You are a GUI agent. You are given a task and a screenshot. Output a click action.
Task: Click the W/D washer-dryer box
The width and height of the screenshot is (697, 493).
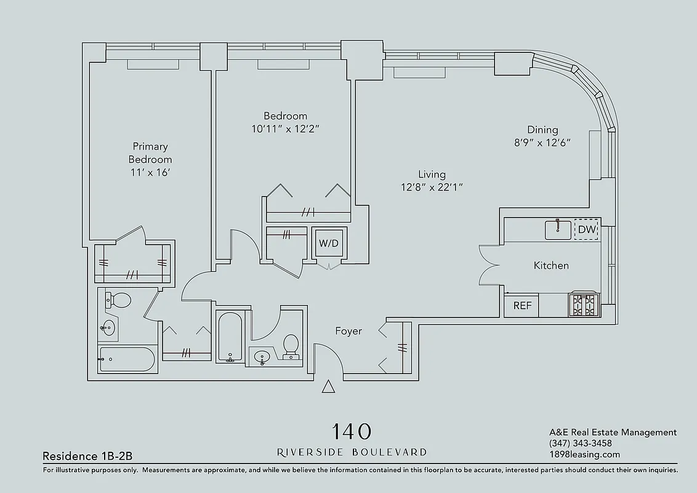click(329, 243)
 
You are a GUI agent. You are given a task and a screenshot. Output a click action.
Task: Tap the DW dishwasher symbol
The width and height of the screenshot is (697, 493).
click(586, 230)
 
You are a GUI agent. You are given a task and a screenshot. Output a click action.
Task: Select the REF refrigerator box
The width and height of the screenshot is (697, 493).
click(522, 306)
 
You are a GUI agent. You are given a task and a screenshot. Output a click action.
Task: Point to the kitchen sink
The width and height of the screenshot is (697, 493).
click(558, 229)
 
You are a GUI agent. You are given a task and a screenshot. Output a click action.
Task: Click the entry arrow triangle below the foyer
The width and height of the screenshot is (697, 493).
click(329, 386)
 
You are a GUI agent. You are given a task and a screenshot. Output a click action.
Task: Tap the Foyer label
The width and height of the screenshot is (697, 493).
click(348, 332)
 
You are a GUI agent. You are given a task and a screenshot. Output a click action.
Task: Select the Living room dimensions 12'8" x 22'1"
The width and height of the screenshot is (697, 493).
click(431, 187)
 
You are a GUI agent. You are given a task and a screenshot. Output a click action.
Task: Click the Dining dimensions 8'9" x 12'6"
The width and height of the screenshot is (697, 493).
click(542, 142)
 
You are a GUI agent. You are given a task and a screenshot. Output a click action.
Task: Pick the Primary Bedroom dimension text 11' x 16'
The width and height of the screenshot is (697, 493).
click(150, 172)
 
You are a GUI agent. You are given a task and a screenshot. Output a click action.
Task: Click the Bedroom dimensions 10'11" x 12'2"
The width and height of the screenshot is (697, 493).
click(285, 129)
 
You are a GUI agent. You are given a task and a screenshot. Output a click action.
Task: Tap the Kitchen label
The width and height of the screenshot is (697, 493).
click(551, 266)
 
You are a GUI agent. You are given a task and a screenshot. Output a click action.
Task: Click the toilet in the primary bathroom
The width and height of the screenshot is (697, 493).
click(119, 300)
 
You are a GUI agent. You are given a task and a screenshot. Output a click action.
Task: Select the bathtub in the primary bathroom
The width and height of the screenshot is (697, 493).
click(127, 359)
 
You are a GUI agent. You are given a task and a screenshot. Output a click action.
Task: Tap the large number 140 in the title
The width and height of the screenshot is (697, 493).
click(352, 430)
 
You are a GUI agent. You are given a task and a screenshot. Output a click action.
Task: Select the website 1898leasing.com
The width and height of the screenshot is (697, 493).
click(584, 455)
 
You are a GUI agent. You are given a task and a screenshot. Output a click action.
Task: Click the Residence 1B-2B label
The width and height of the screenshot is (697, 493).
click(87, 456)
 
